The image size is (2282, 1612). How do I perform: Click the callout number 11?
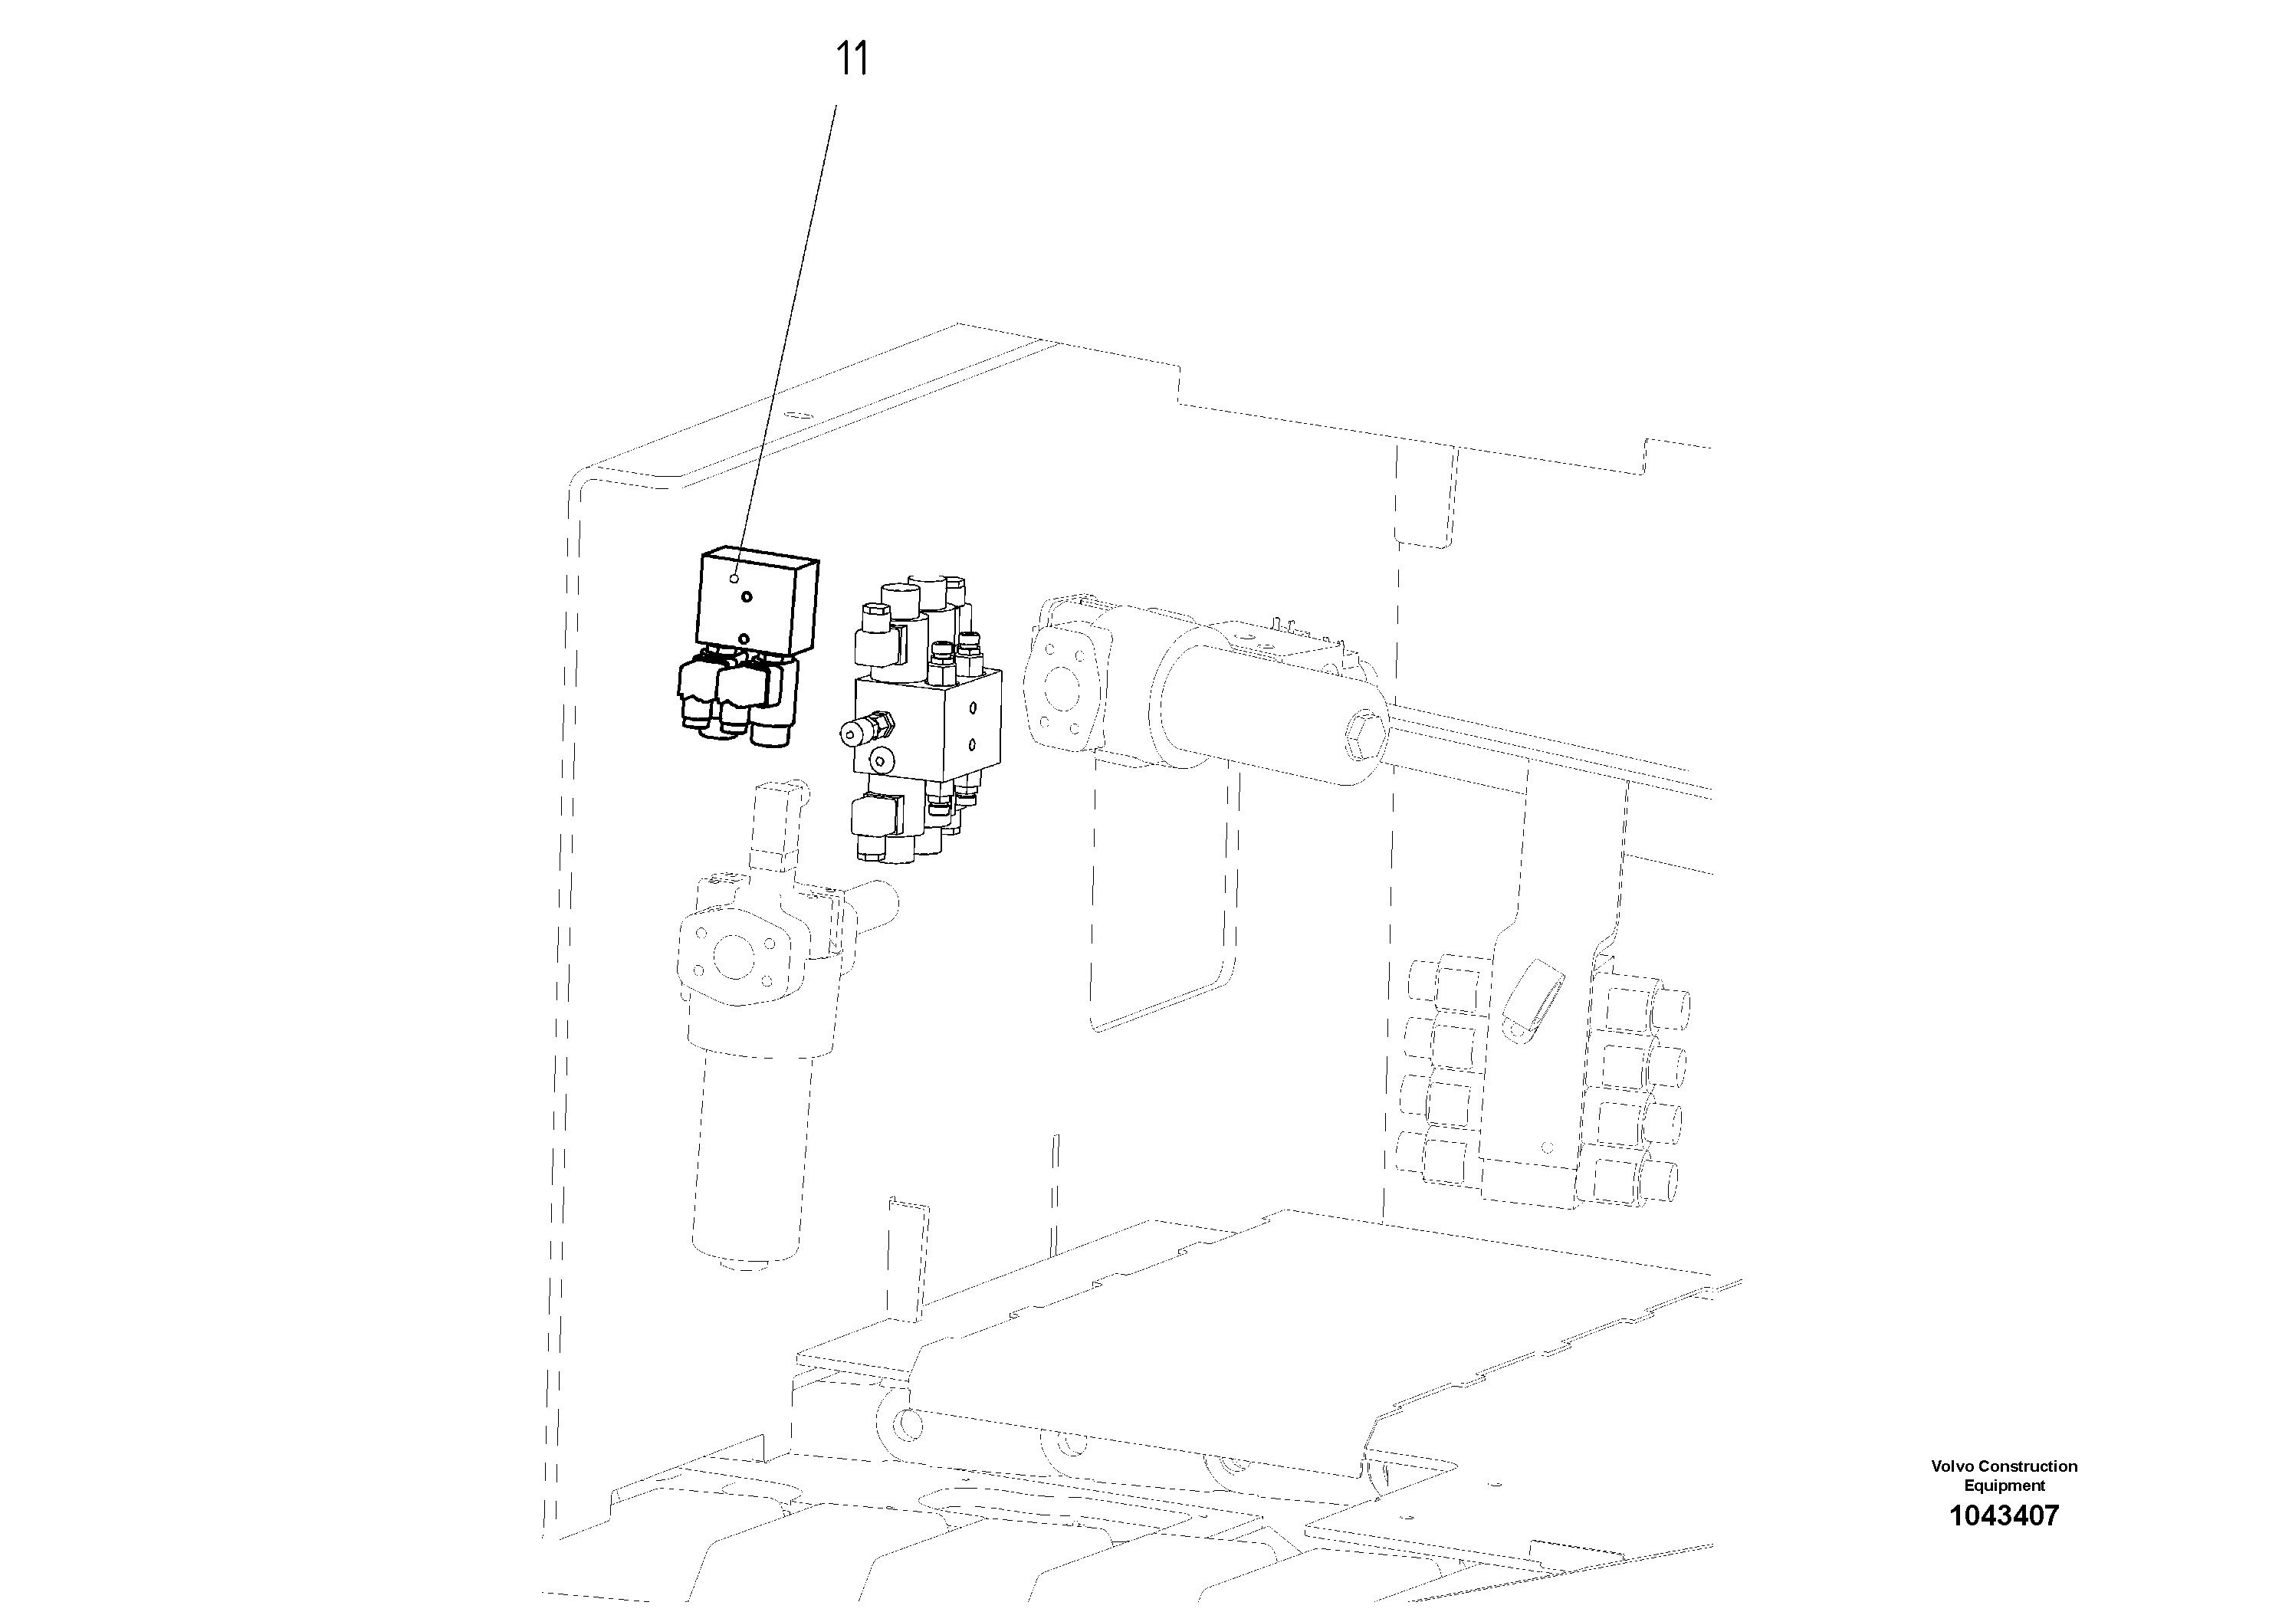(851, 60)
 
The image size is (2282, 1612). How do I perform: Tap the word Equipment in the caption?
(2004, 1486)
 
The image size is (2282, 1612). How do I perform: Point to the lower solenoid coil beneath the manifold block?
(875, 817)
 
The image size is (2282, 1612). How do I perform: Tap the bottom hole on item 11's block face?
(744, 637)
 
